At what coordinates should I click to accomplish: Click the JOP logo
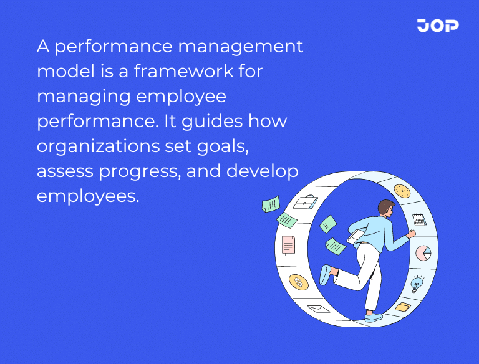(438, 26)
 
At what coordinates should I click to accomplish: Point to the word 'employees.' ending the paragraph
(87, 195)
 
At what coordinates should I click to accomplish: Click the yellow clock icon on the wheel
(402, 191)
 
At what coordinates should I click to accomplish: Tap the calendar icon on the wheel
(419, 219)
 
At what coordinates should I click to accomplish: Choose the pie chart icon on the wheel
(423, 253)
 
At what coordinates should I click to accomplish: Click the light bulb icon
(416, 284)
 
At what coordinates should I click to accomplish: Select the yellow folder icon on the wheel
(402, 307)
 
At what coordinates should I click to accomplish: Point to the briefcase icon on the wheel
(304, 203)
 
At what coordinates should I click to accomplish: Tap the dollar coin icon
(298, 282)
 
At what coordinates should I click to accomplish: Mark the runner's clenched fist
(410, 234)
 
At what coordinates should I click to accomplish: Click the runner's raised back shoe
(325, 274)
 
